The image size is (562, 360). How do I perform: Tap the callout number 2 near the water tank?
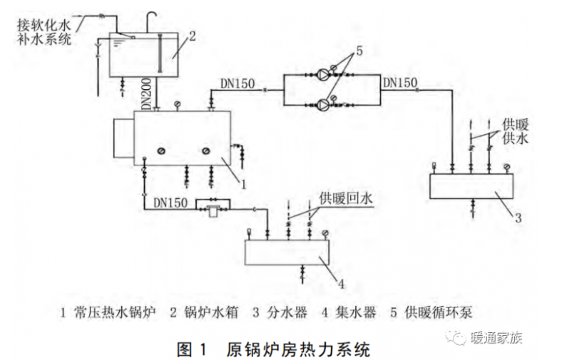[x=191, y=34]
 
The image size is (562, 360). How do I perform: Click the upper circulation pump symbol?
[x=324, y=73]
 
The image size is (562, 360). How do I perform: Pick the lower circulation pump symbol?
[x=324, y=105]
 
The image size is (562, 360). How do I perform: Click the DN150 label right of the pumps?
[x=399, y=83]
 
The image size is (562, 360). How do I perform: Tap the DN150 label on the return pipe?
[x=171, y=203]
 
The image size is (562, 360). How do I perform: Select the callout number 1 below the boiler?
[x=243, y=183]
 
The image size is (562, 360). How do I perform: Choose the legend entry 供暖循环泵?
[x=434, y=312]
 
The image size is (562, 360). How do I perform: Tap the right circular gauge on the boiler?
[x=207, y=150]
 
